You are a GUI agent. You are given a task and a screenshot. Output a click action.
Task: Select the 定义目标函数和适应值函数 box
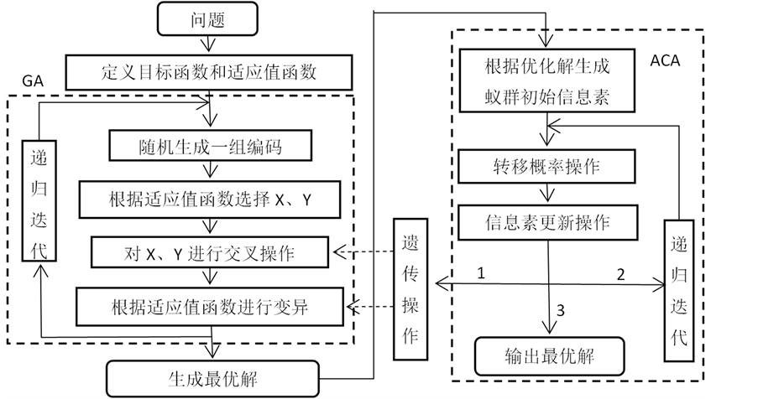point(210,73)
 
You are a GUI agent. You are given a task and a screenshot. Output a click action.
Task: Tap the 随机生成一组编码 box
point(210,148)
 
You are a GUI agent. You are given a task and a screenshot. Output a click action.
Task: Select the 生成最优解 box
point(213,377)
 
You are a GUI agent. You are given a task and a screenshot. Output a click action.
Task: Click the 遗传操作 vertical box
point(410,286)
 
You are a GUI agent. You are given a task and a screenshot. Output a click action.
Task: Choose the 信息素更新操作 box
point(546,223)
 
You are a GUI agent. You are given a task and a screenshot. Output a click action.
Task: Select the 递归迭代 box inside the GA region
point(38,201)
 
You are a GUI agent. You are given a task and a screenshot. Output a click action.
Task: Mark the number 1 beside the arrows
point(482,273)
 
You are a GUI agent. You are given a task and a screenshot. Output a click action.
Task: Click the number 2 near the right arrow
point(621,273)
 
